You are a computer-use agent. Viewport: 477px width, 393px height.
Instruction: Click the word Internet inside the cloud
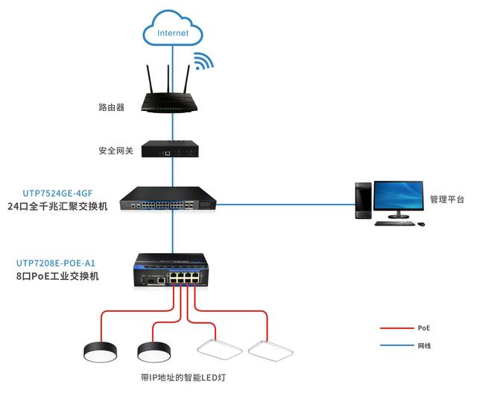point(173,33)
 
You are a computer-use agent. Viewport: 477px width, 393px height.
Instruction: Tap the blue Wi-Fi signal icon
point(203,61)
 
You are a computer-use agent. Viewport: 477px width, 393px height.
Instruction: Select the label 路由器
point(111,107)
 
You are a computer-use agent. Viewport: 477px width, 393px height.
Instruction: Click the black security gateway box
point(170,149)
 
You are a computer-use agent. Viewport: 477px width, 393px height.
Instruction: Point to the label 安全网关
point(116,150)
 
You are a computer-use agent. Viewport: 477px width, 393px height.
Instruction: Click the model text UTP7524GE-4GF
point(57,194)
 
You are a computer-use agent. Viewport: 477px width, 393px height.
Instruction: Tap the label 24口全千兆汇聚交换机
point(57,206)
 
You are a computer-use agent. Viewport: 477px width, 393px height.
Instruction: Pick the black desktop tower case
point(364,200)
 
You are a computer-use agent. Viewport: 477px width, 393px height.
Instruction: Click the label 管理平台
point(447,199)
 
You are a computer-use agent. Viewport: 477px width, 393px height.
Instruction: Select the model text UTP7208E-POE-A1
point(56,263)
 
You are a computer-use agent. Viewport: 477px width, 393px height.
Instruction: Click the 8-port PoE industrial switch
point(171,270)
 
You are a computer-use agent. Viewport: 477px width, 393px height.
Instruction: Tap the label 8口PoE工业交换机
point(57,276)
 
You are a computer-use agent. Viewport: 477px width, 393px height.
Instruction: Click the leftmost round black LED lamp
point(100,352)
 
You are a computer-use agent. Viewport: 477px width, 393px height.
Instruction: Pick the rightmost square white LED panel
point(271,351)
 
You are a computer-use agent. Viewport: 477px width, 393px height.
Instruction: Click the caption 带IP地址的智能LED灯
point(183,377)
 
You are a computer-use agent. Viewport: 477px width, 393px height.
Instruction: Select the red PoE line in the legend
point(397,328)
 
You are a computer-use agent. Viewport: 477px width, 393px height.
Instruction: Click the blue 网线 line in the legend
point(397,345)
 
